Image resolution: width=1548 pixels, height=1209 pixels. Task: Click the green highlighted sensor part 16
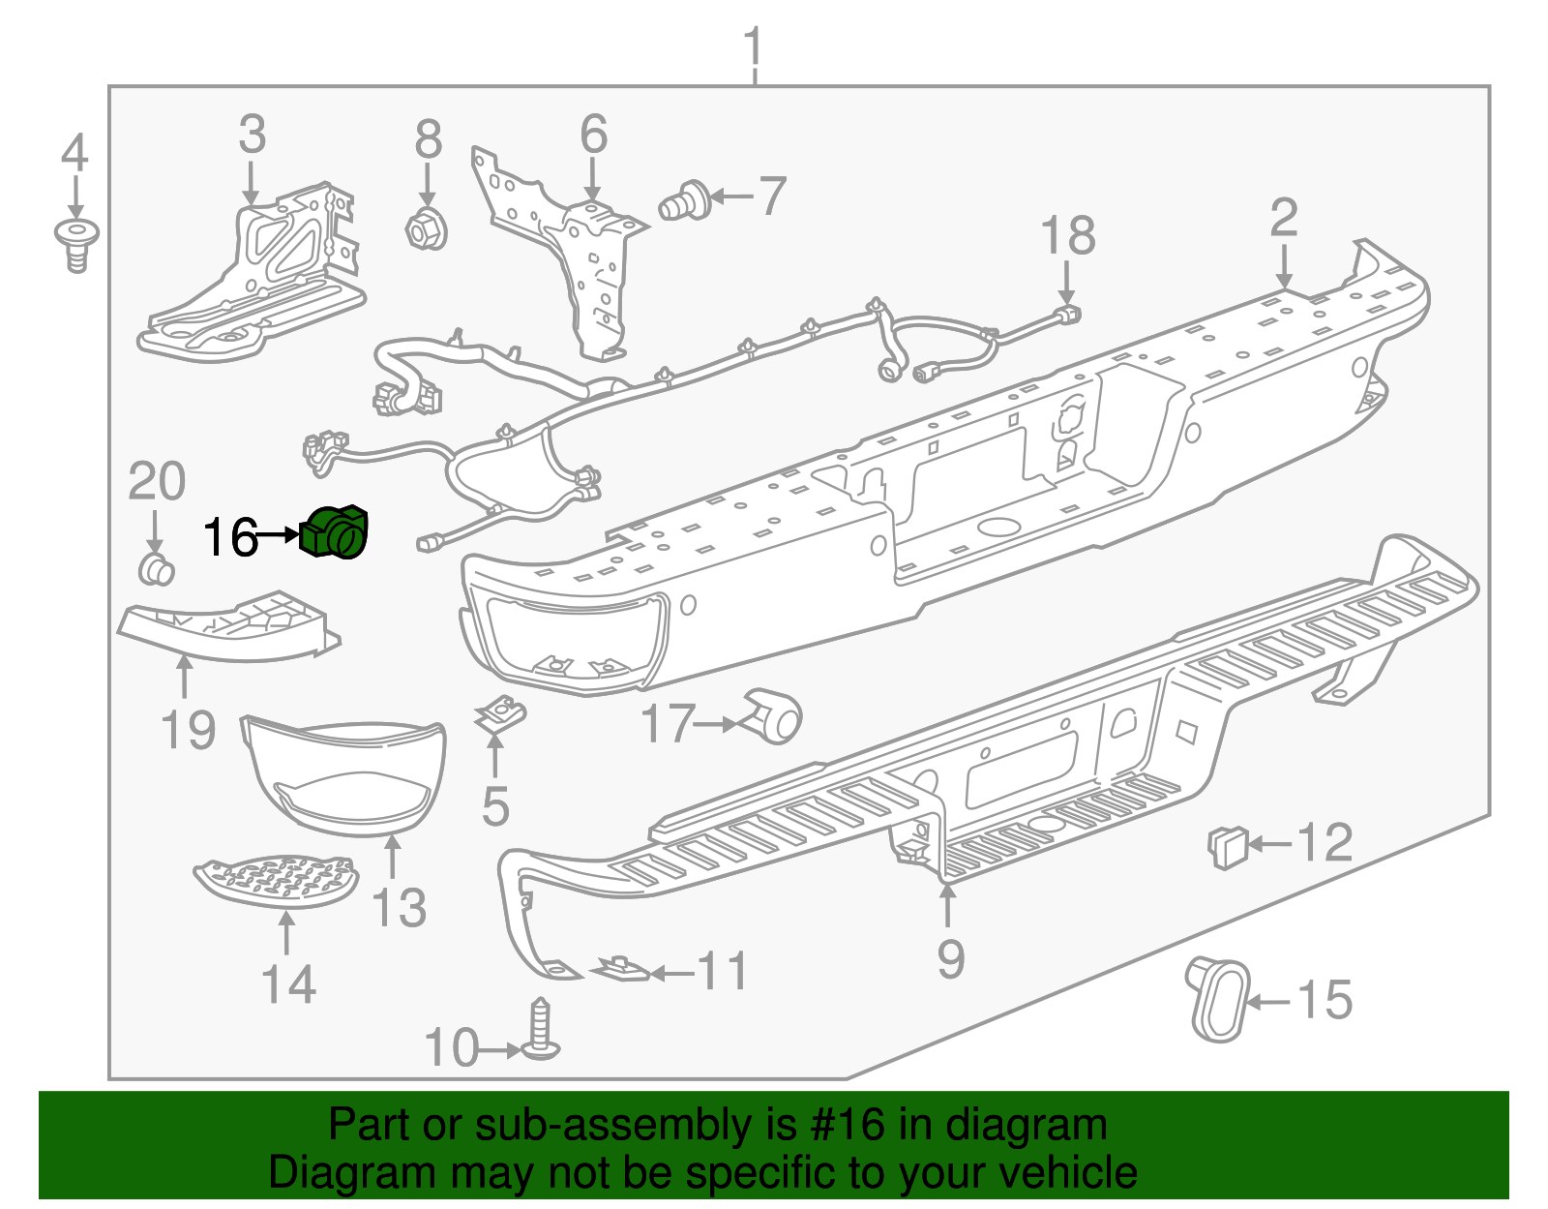coord(336,532)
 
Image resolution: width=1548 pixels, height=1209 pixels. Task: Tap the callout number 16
coord(230,537)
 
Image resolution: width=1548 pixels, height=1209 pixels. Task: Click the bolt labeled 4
coord(76,243)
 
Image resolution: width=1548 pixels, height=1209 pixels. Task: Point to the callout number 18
coord(1067,236)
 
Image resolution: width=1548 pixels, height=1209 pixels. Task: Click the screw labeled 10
coord(541,1032)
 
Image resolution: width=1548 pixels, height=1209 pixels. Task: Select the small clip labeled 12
coord(1227,847)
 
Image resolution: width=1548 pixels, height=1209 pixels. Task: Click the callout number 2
coord(1283,218)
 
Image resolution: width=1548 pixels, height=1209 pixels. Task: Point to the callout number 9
coord(950,958)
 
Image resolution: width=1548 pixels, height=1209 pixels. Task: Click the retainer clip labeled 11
coord(620,968)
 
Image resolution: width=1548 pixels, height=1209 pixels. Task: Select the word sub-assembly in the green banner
coord(612,1126)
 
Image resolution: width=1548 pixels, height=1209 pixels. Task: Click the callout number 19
coord(188,729)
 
